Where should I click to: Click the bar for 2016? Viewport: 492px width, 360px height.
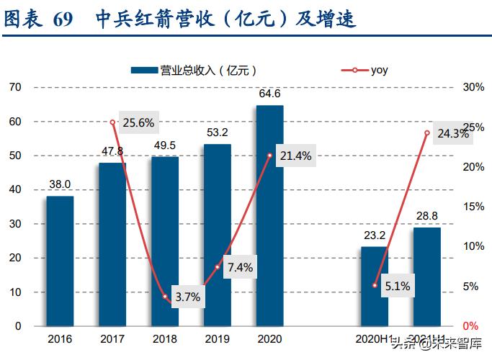click(61, 261)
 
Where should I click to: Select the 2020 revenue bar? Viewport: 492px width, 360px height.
click(270, 215)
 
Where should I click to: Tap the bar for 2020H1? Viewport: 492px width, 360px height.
click(375, 286)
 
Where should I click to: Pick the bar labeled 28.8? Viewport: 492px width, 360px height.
click(427, 276)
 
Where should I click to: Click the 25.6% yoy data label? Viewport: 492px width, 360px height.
click(138, 122)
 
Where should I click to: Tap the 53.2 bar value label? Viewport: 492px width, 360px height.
click(217, 132)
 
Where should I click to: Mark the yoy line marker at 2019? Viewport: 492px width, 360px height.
click(218, 267)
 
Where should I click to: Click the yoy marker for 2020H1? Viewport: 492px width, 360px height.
click(375, 285)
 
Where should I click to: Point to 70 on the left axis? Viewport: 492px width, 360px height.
click(16, 87)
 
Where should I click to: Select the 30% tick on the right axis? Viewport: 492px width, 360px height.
click(473, 87)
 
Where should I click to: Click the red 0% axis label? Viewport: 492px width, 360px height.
click(470, 326)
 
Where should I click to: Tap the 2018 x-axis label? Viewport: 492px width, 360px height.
click(165, 338)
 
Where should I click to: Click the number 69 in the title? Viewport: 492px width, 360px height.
click(63, 19)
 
